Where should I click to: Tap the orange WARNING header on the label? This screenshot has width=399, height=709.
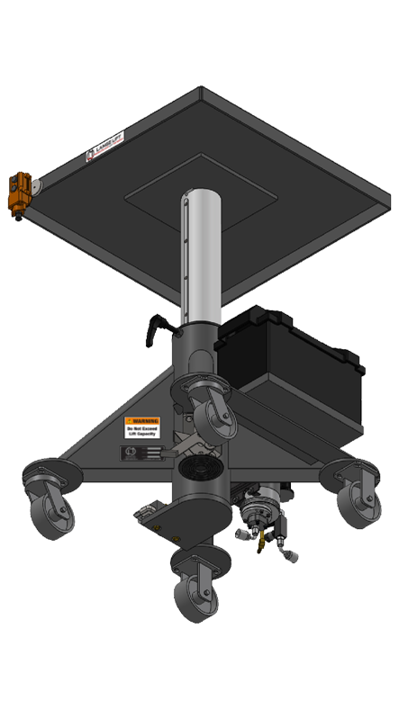[142, 421]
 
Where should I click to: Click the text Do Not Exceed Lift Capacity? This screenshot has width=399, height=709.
[142, 434]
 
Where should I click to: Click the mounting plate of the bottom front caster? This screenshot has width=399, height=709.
[193, 562]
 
